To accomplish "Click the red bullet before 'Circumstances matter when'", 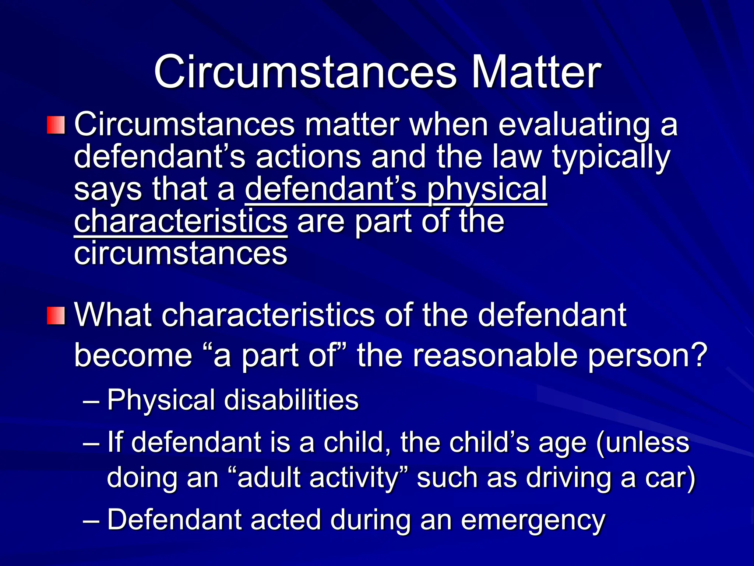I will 56,125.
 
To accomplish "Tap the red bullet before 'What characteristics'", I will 56,315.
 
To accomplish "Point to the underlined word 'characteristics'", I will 180,221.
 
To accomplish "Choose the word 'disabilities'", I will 291,400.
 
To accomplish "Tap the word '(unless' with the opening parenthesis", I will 642,443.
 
